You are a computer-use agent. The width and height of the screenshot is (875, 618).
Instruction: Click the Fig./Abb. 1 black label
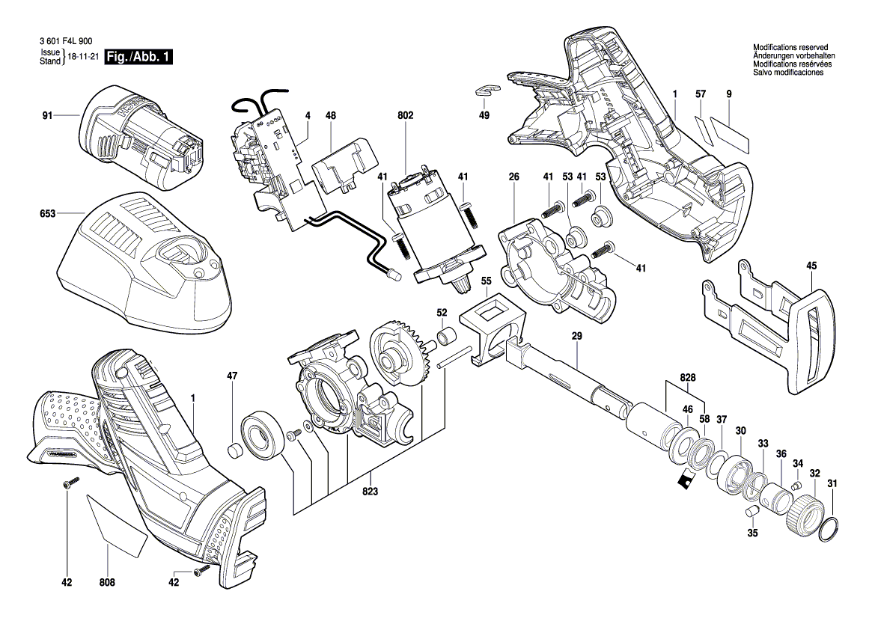pyautogui.click(x=139, y=58)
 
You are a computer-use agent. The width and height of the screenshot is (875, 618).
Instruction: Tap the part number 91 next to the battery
pyautogui.click(x=47, y=115)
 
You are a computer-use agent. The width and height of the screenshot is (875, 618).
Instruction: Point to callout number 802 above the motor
pyautogui.click(x=406, y=116)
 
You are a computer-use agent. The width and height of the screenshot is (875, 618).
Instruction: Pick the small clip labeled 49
pyautogui.click(x=485, y=92)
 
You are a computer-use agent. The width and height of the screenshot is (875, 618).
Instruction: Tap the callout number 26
pyautogui.click(x=513, y=177)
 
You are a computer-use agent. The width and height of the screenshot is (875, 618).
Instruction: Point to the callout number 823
pyautogui.click(x=371, y=492)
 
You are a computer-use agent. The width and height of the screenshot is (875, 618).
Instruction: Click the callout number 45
pyautogui.click(x=812, y=265)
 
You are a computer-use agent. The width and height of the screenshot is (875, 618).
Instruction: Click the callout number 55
pyautogui.click(x=486, y=283)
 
